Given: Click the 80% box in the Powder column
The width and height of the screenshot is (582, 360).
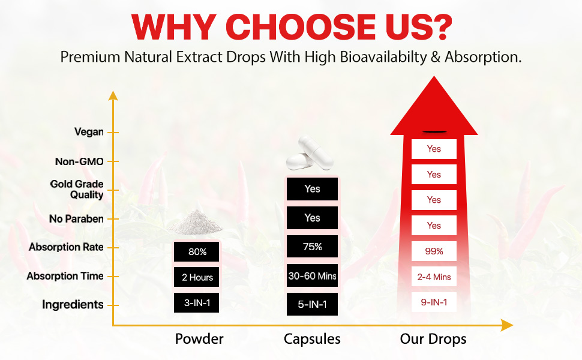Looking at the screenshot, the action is pos(196,251).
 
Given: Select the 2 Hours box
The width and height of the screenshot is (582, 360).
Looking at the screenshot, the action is pos(196,277).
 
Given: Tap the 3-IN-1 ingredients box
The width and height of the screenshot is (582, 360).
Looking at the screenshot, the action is pos(196,302).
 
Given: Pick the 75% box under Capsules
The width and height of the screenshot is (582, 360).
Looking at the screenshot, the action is pos(312,247).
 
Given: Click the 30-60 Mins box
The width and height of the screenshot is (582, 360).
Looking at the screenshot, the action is pos(312,275).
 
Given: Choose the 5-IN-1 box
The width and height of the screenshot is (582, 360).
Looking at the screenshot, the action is pos(312,304).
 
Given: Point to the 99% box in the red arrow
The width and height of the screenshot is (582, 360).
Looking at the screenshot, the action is pos(434,251).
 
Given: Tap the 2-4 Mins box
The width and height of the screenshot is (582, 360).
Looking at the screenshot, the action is pos(434,277).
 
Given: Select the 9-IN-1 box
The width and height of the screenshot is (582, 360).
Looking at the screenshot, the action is pos(434,302).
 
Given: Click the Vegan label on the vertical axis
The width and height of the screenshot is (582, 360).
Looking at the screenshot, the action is pos(89,132).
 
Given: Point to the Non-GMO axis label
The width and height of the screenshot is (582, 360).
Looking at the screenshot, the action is pos(79,161).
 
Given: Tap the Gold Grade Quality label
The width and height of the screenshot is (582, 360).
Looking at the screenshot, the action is pos(77,189).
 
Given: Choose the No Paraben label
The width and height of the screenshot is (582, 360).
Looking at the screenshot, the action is pos(76,218).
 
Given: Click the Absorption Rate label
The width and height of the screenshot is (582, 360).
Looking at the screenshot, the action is pos(67,247).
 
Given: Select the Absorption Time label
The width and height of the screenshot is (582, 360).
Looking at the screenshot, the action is pos(65,276).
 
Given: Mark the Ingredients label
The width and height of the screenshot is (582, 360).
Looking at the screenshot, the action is pos(73,305).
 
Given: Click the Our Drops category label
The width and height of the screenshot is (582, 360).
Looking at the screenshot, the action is pos(433,339).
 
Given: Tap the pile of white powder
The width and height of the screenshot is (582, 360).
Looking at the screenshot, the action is pos(195,223).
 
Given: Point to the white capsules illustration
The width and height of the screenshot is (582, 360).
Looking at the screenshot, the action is pos(310,153).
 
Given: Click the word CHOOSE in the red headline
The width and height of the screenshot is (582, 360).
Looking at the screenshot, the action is pos(301,27).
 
